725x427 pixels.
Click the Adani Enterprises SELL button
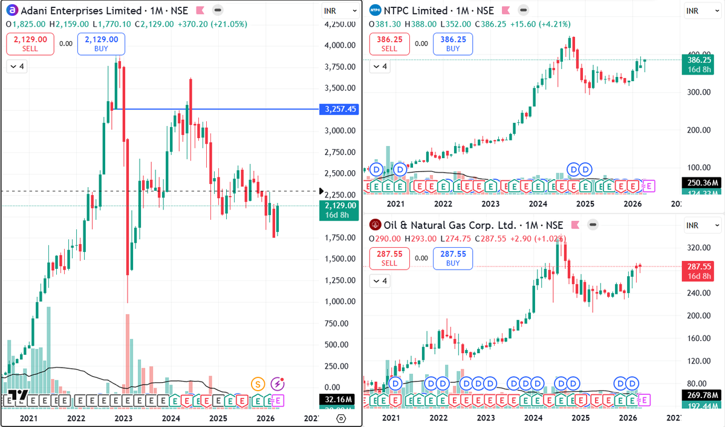coord(30,44)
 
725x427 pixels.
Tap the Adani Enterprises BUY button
coord(102,44)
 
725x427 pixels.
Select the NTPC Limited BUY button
coord(449,44)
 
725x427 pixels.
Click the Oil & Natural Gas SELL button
coord(389,259)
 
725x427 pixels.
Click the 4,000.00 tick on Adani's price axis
coord(339,45)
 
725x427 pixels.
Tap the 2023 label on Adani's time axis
coord(123,419)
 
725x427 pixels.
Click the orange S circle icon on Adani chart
coord(259,383)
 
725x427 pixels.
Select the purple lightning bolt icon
coord(278,383)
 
